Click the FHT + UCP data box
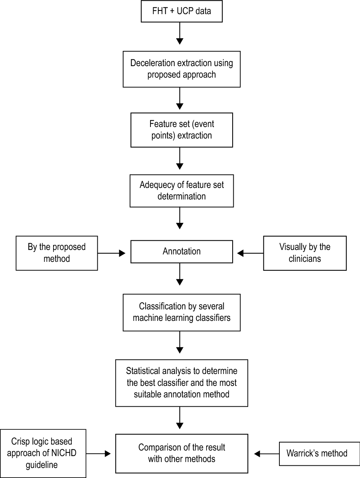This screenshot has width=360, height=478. click(181, 11)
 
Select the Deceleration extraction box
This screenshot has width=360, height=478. click(181, 69)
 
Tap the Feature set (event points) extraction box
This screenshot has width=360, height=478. click(181, 130)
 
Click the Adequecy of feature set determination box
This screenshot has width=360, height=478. click(181, 191)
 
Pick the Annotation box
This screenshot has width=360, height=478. click(181, 251)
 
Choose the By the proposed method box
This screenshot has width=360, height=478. click(56, 253)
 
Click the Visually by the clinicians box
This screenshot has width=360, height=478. click(305, 253)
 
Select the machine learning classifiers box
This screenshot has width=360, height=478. click(181, 312)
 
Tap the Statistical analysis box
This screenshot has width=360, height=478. click(181, 383)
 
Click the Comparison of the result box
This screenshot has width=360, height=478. click(181, 453)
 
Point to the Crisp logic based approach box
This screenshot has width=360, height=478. click(43, 453)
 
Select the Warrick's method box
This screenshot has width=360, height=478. click(319, 453)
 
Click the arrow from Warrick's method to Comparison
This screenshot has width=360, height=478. click(267, 453)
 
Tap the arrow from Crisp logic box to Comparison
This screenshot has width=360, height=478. click(98, 453)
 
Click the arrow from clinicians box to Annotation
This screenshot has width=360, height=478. click(250, 253)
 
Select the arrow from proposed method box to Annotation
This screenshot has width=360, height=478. click(111, 253)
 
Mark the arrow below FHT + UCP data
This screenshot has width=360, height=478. click(180, 33)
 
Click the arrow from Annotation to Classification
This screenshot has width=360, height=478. click(180, 274)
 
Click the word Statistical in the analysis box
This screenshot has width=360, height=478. click(143, 371)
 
